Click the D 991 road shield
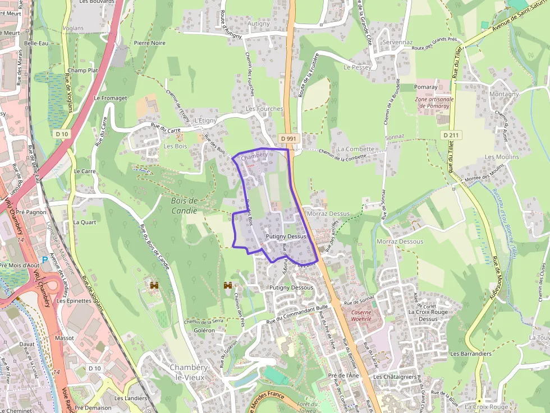click(x=288, y=138)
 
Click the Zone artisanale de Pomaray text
click(x=434, y=103)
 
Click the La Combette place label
click(x=356, y=149)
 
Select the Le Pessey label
click(x=357, y=67)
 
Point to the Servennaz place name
click(x=397, y=43)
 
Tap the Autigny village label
click(x=259, y=24)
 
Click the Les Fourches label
click(x=264, y=109)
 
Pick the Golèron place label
click(x=204, y=331)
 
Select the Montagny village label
click(x=504, y=94)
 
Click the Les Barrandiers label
click(x=470, y=354)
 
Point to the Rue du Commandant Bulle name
click(x=297, y=314)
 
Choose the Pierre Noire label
click(x=150, y=43)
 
